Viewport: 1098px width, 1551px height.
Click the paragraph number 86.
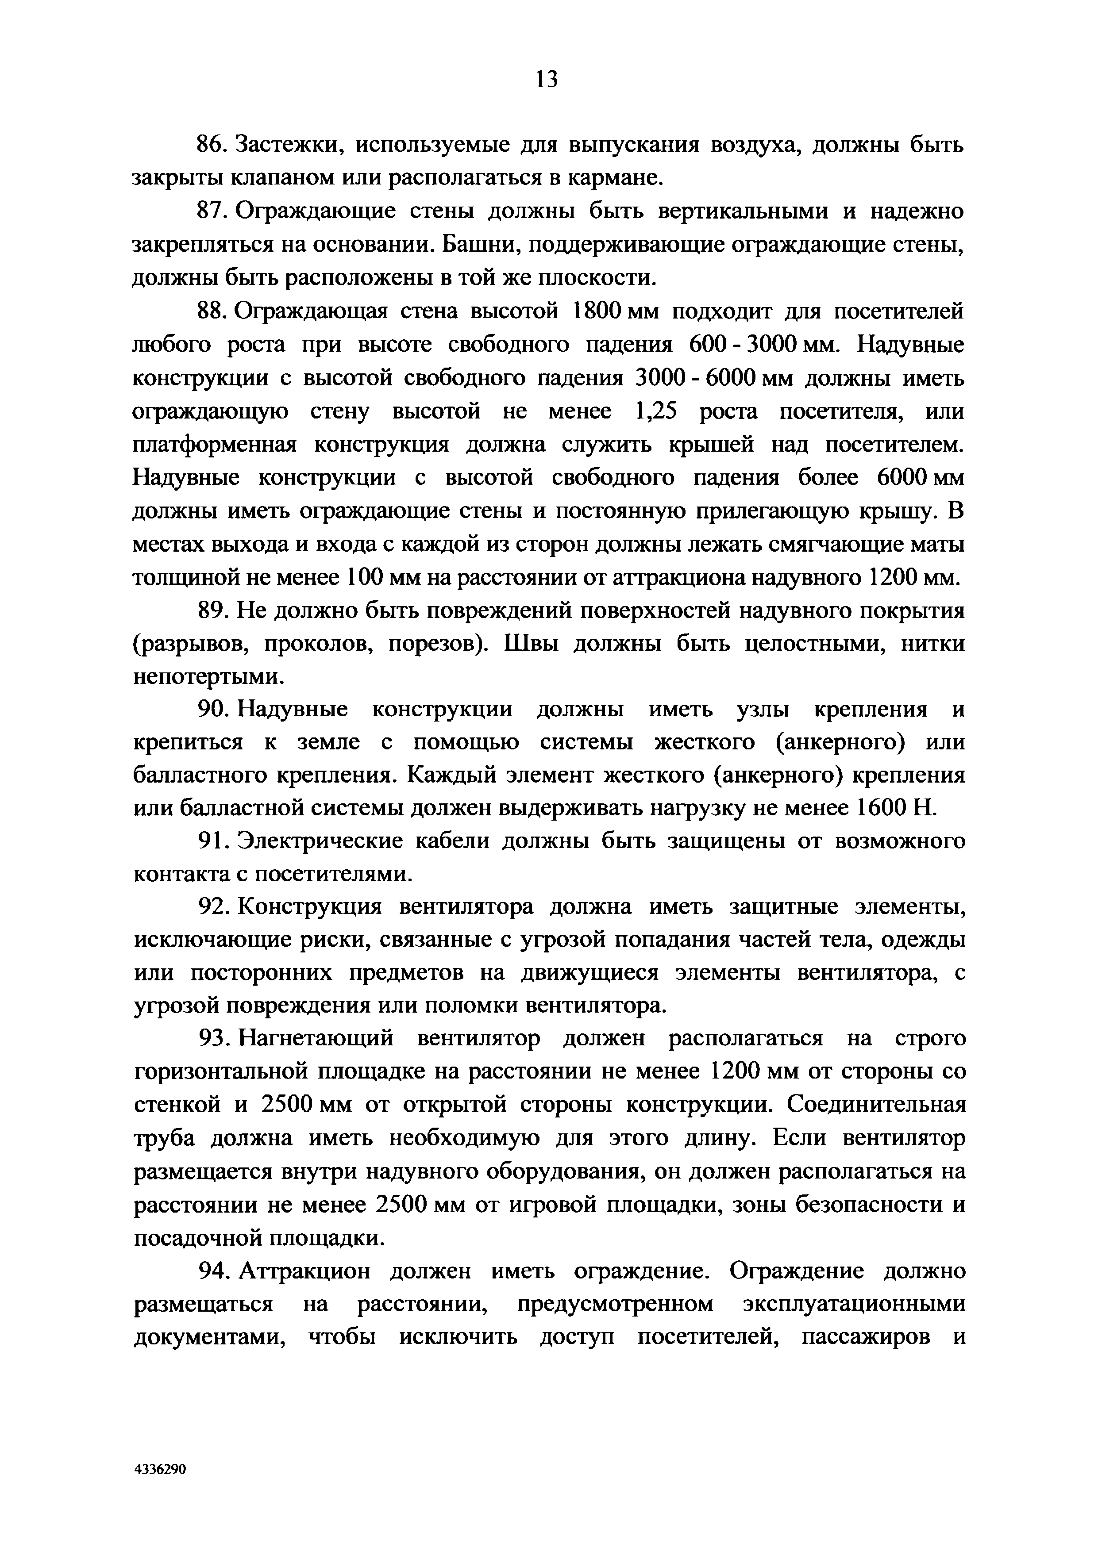211,145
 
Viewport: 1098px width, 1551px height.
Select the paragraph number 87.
211,211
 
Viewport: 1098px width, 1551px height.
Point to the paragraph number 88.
211,311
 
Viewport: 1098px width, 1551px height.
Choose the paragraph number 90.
211,710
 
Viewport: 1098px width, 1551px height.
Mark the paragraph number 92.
211,908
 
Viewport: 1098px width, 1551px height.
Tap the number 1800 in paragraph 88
597,311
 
